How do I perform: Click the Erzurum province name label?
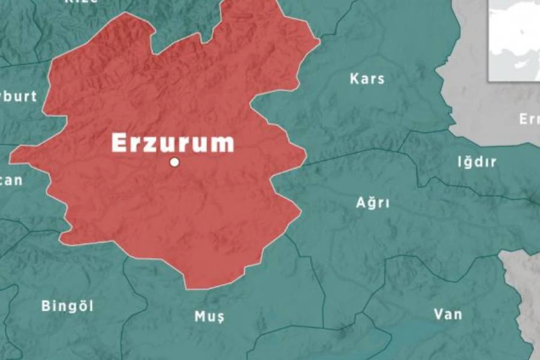(x=173, y=143)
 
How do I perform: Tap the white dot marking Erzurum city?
(x=175, y=162)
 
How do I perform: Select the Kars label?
(x=367, y=79)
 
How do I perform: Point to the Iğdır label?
(x=477, y=162)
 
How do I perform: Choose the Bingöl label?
(x=67, y=306)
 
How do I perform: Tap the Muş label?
(x=209, y=317)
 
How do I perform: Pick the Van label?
(x=448, y=314)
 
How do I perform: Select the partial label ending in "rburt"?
(x=18, y=96)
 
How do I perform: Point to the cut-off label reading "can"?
(x=11, y=180)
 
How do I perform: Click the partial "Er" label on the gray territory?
(x=529, y=119)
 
